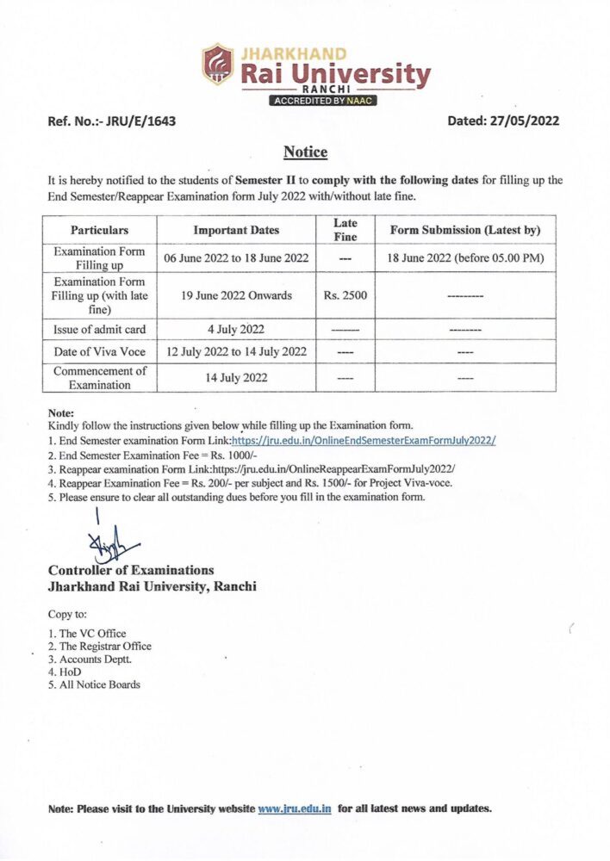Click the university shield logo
(x=218, y=64)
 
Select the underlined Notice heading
(x=305, y=152)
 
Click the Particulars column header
(x=99, y=231)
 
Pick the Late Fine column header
(x=345, y=230)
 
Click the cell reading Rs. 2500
(x=345, y=295)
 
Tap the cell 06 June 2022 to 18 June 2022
(x=236, y=257)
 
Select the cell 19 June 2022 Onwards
(x=236, y=295)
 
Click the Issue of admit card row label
(x=99, y=329)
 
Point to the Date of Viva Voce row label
(x=99, y=351)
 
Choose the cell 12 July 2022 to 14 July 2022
(x=236, y=351)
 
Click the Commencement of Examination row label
(x=99, y=377)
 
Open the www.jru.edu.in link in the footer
(x=295, y=808)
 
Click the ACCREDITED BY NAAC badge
(x=324, y=101)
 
